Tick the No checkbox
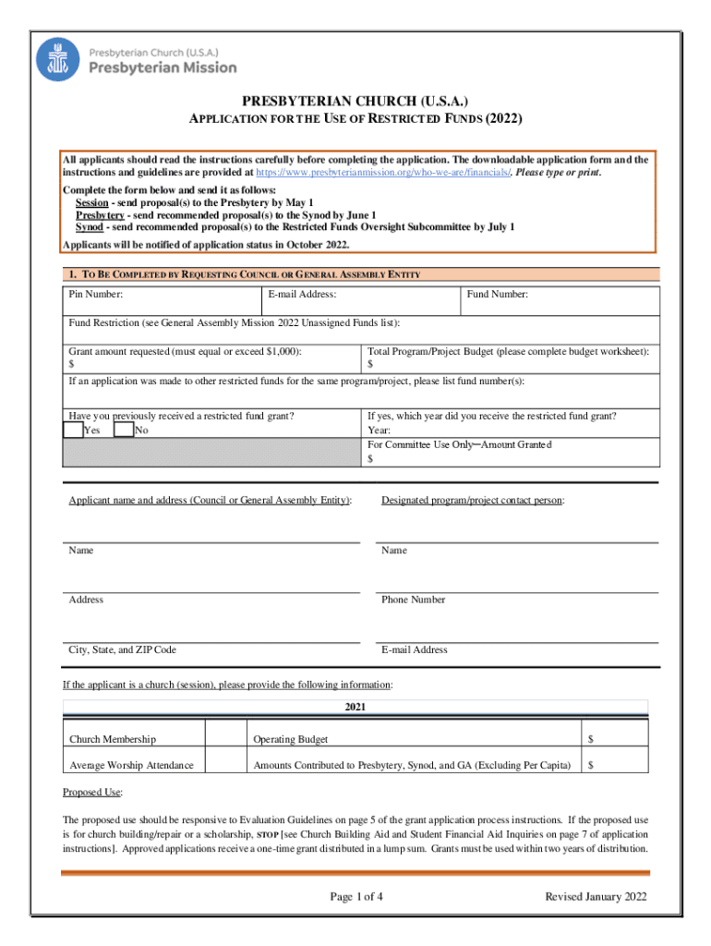tap(124, 431)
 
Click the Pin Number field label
tap(96, 295)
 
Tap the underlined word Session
tap(92, 202)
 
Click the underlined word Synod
tap(89, 227)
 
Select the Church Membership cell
tap(113, 739)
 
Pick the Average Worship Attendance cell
tap(131, 765)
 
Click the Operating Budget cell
tap(291, 739)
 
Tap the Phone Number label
tap(413, 600)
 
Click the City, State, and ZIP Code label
tap(122, 649)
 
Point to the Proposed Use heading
tap(92, 793)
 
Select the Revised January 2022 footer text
tap(596, 897)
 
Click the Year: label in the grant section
tap(379, 431)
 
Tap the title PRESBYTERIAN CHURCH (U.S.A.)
tap(355, 101)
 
